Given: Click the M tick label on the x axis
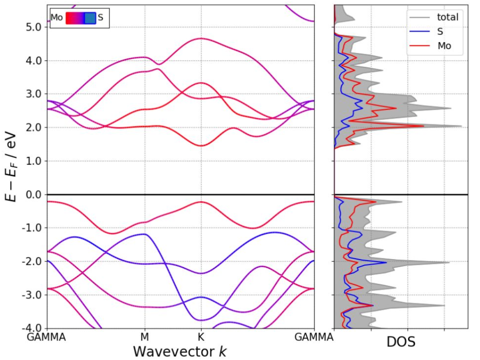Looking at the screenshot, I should click(145, 337).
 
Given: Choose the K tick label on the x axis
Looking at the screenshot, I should click(201, 337).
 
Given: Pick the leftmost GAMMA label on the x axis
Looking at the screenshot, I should click(47, 337).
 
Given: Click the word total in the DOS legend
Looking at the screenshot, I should click(448, 18).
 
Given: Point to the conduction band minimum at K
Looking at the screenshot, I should click(201, 146).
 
